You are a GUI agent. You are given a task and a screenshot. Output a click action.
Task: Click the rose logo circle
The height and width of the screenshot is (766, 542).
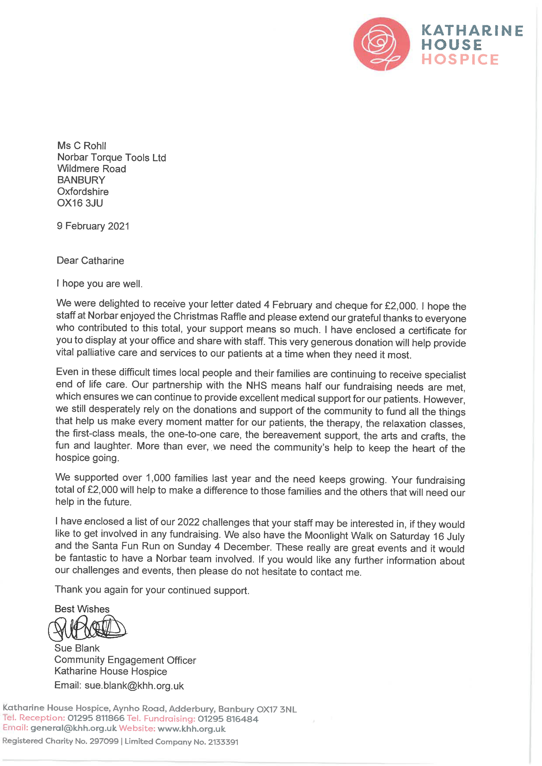tap(381, 44)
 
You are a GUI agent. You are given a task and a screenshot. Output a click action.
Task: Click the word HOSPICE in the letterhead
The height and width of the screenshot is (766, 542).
tap(460, 60)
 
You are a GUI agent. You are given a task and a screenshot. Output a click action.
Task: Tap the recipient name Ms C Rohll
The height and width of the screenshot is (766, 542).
tap(82, 146)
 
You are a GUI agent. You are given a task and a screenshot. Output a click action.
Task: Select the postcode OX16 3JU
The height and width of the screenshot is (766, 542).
tap(80, 203)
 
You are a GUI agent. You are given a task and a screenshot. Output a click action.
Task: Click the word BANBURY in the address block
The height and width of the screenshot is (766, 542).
tap(81, 180)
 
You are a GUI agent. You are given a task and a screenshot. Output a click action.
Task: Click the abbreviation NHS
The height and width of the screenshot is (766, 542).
tap(256, 386)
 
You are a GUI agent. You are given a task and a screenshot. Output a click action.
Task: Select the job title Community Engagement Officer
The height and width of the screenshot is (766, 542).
tap(125, 660)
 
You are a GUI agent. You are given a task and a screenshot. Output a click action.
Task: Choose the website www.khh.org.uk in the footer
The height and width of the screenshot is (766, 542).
tap(192, 729)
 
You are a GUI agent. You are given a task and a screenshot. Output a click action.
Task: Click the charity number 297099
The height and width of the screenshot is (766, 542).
tap(104, 741)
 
